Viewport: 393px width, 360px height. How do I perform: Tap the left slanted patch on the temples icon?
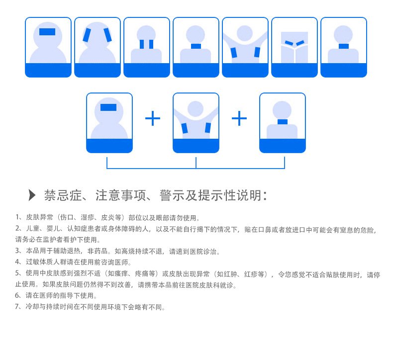click(87, 35)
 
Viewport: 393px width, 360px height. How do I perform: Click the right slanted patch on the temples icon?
click(108, 35)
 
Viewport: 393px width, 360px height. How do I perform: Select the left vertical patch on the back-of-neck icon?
click(142, 44)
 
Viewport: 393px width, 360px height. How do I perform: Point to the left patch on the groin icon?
click(289, 43)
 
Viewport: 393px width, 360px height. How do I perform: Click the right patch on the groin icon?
click(300, 43)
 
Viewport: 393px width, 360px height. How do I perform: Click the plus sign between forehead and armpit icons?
click(153, 118)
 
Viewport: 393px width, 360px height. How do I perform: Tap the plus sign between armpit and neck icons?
click(239, 118)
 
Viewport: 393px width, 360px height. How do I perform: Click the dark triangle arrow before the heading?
click(32, 195)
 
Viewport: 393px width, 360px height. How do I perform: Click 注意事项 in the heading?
click(120, 195)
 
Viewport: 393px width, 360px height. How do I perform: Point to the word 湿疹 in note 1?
click(88, 217)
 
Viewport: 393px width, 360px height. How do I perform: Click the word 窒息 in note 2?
click(347, 230)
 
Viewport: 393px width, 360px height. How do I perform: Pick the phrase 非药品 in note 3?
click(98, 251)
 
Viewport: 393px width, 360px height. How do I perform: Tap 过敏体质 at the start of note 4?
click(39, 262)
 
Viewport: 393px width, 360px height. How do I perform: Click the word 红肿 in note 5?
click(230, 274)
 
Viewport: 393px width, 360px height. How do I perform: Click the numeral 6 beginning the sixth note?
click(17, 296)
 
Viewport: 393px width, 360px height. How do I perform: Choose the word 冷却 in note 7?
click(32, 307)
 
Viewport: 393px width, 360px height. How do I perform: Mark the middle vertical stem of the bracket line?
click(196, 163)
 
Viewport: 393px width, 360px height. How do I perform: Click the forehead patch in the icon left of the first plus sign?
click(108, 107)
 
